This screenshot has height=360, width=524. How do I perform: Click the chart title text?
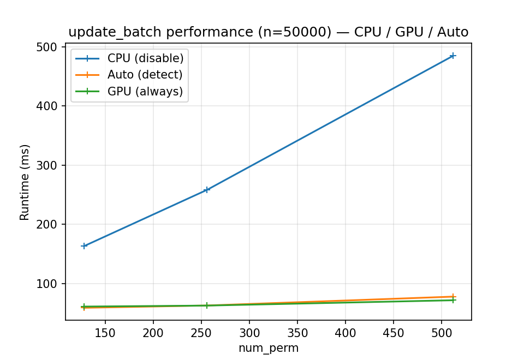(268, 32)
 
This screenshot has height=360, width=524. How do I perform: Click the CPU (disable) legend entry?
(145, 58)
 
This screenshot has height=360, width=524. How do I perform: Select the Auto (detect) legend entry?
(145, 75)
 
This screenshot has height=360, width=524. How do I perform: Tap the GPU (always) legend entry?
(145, 92)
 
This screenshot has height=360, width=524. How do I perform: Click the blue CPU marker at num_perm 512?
(452, 56)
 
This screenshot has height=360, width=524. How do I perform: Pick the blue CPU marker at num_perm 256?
(206, 190)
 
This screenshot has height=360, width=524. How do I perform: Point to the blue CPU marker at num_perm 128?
(84, 246)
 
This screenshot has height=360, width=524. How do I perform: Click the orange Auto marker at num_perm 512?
(452, 297)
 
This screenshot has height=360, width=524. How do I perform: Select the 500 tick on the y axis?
(50, 47)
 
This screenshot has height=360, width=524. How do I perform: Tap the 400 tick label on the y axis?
(50, 106)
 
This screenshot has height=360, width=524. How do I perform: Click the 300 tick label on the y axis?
(50, 165)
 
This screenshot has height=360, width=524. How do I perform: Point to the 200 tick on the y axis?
(50, 224)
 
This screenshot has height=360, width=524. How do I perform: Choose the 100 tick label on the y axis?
(50, 284)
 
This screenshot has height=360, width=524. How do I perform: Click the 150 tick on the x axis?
(105, 332)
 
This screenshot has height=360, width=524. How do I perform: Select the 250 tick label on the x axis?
(201, 332)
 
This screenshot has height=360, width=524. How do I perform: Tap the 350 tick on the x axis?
(297, 332)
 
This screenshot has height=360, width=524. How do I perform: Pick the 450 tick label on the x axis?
(393, 332)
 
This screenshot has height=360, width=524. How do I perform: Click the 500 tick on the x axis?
(441, 332)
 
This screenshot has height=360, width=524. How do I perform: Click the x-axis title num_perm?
(268, 348)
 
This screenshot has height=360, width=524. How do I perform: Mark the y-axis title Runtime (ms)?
(25, 182)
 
